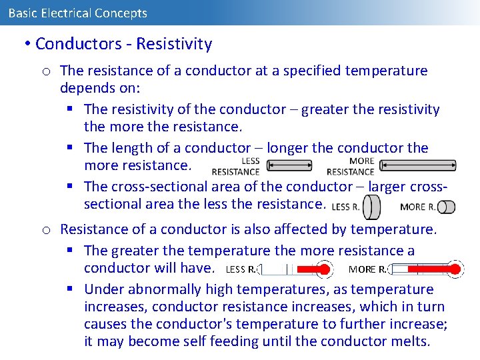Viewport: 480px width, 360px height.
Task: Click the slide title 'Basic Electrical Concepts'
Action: pos(77,13)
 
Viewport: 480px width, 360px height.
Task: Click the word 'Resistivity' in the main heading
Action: pos(174,44)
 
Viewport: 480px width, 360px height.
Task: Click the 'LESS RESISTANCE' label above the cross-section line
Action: pos(235,166)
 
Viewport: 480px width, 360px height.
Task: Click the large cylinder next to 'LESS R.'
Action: pos(372,207)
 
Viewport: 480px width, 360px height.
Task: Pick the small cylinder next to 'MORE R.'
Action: pos(447,207)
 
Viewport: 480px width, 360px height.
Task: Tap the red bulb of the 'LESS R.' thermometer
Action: pos(325,269)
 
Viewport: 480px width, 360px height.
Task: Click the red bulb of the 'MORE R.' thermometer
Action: pos(455,269)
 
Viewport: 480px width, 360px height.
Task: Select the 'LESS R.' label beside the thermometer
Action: pos(241,269)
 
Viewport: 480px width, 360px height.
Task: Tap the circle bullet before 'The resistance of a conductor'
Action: pos(46,71)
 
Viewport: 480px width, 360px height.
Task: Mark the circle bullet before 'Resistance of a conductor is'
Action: pos(46,230)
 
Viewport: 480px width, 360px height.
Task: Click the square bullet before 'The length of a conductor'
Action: pos(71,148)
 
